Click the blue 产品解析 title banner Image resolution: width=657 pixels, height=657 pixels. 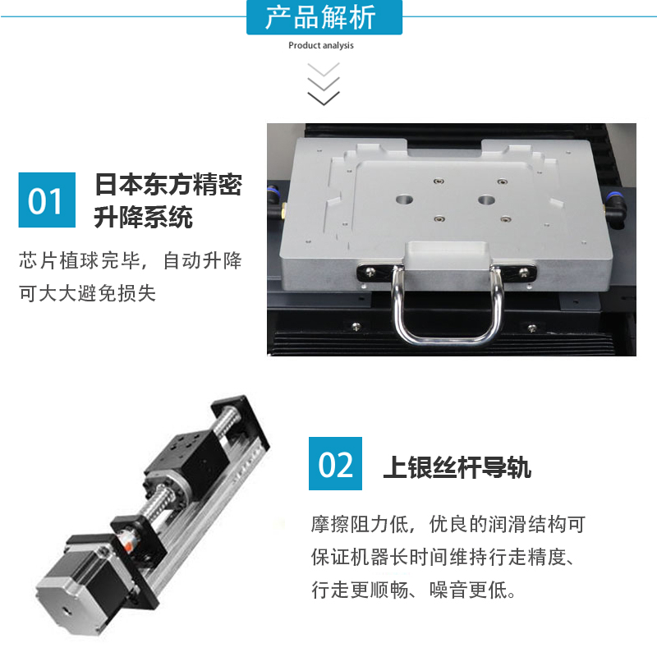pyautogui.click(x=324, y=17)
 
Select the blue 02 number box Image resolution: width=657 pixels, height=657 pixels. pyautogui.click(x=336, y=464)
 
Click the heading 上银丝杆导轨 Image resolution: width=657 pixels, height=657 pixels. pyautogui.click(x=457, y=467)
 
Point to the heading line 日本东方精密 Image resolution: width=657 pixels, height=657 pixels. pyautogui.click(x=168, y=184)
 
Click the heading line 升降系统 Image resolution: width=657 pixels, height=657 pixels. pyautogui.click(x=144, y=218)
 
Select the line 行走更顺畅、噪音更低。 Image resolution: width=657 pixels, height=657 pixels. pyautogui.click(x=413, y=590)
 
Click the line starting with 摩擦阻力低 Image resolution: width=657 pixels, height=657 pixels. pyautogui.click(x=447, y=524)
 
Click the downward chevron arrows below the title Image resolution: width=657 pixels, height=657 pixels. pyautogui.click(x=324, y=84)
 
